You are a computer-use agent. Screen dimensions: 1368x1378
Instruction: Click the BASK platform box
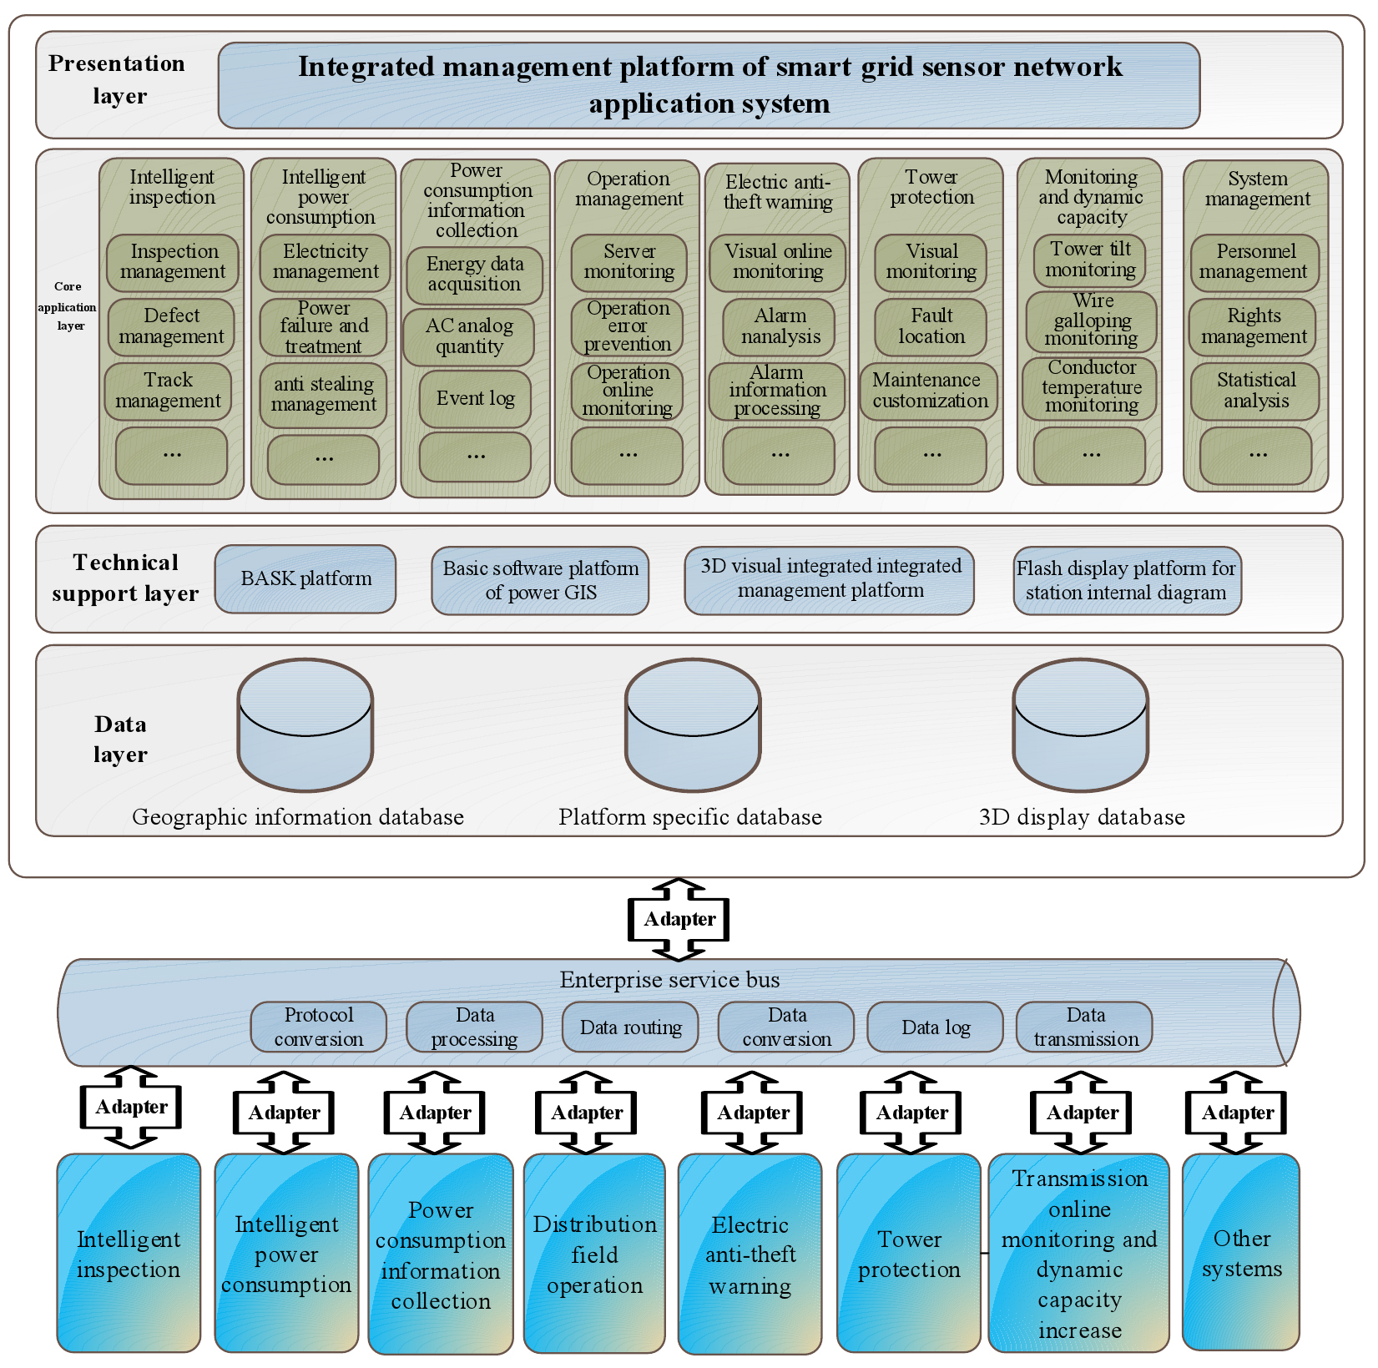click(x=305, y=578)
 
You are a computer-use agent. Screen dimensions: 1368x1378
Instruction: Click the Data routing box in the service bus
click(x=630, y=1027)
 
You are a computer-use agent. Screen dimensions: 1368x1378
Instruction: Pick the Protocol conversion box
click(x=318, y=1027)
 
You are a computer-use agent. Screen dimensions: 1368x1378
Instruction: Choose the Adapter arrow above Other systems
click(x=1236, y=1113)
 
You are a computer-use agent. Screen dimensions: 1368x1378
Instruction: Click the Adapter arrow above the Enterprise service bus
click(x=679, y=919)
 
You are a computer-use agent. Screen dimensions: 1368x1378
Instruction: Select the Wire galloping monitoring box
click(x=1091, y=321)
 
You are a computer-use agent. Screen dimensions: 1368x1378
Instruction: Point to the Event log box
click(x=475, y=399)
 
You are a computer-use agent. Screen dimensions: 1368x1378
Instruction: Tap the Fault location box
click(x=931, y=326)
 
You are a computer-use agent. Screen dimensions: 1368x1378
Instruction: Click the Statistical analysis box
click(x=1254, y=391)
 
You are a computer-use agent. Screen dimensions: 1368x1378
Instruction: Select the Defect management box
click(x=171, y=326)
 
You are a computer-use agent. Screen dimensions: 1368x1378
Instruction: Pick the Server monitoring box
click(x=628, y=262)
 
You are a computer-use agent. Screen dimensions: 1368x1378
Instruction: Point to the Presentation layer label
click(x=118, y=79)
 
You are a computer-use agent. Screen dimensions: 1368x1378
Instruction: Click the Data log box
click(x=935, y=1027)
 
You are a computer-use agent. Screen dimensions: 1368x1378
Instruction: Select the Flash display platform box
click(x=1127, y=580)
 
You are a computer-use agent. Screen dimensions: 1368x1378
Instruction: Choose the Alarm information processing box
click(x=777, y=391)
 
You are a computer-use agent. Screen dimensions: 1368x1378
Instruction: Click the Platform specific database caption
click(x=690, y=817)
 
